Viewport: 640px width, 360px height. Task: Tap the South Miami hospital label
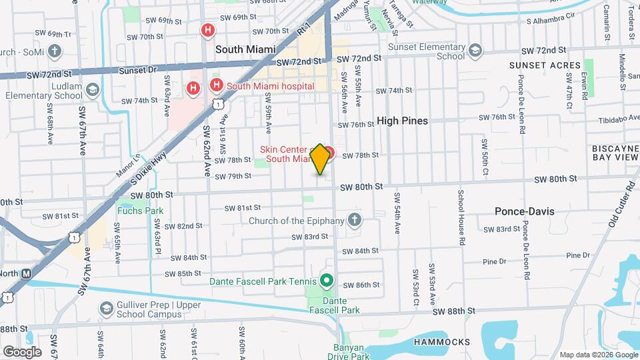[x=270, y=85]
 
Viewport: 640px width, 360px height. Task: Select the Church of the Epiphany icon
[x=355, y=220]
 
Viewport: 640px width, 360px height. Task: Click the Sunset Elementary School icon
[x=475, y=50]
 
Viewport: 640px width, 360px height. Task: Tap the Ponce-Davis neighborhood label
[x=524, y=211]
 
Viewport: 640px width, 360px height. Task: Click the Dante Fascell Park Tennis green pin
[x=326, y=280]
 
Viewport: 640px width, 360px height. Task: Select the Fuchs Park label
[x=140, y=211]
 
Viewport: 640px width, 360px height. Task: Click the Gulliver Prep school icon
[x=106, y=308]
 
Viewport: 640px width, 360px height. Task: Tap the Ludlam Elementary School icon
[x=92, y=89]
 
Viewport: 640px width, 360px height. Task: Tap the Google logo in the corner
[x=21, y=351]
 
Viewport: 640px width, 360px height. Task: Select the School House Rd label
[x=461, y=215]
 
